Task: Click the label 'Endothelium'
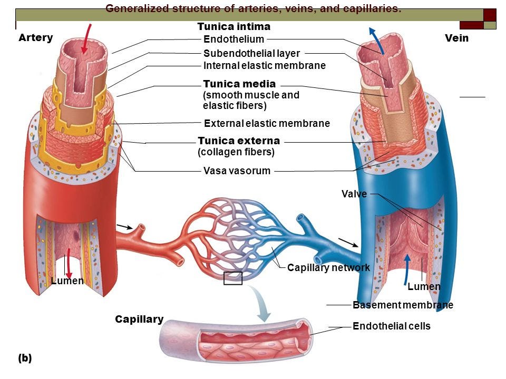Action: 233,39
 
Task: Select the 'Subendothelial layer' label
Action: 251,53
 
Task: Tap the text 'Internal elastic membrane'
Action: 264,66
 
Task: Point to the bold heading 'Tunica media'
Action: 239,84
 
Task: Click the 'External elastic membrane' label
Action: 266,124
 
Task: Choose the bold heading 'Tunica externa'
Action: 239,141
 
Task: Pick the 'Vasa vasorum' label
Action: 237,171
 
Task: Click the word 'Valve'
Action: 354,194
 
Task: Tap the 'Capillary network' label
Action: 328,268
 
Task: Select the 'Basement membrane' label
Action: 403,305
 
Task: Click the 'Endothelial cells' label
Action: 391,326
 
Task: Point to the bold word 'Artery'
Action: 35,38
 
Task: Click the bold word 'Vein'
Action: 456,38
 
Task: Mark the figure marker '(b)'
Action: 25,358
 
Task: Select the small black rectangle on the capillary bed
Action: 232,278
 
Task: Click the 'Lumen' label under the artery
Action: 67,281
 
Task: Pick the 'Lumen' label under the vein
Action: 424,287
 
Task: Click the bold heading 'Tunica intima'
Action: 233,26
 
